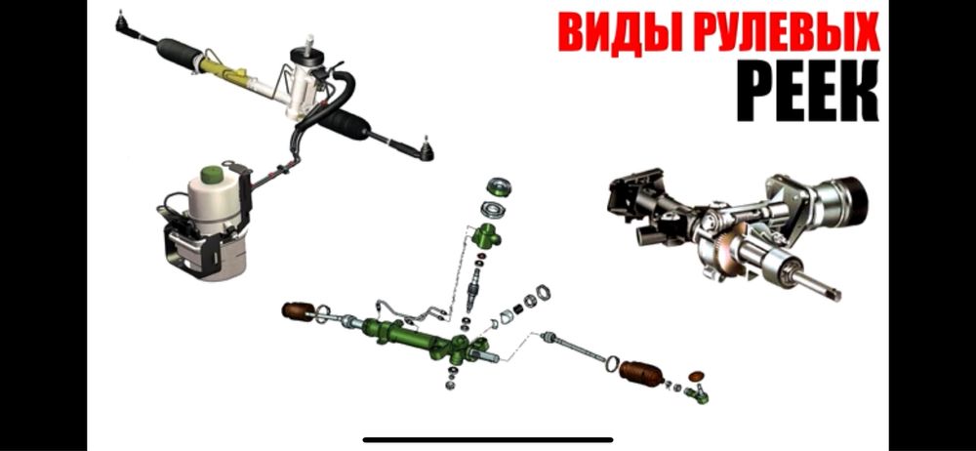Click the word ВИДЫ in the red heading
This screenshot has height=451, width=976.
613,31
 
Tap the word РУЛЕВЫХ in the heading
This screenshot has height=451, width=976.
777,31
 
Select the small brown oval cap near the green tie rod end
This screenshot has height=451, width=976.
697,375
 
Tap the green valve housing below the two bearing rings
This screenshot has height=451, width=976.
487,234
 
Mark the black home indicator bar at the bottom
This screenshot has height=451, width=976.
488,439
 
